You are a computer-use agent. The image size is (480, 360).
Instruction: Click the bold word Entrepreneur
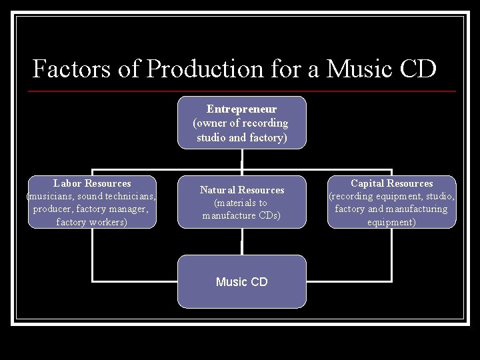[241, 109]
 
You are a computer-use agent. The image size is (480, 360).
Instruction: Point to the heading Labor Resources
[92, 183]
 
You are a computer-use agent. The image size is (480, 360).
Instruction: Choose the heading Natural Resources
[241, 190]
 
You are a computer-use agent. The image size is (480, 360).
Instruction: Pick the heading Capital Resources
[391, 183]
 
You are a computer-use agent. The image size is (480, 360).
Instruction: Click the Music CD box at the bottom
[241, 282]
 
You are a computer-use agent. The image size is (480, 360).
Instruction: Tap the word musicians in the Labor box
[50, 196]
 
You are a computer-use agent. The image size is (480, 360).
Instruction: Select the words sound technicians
[116, 196]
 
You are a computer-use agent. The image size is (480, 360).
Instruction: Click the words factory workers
[92, 222]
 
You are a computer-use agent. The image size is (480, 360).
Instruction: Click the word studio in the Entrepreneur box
[211, 138]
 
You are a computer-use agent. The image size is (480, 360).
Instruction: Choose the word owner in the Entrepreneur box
[211, 123]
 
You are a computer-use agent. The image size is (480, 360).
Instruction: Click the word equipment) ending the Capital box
[391, 222]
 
